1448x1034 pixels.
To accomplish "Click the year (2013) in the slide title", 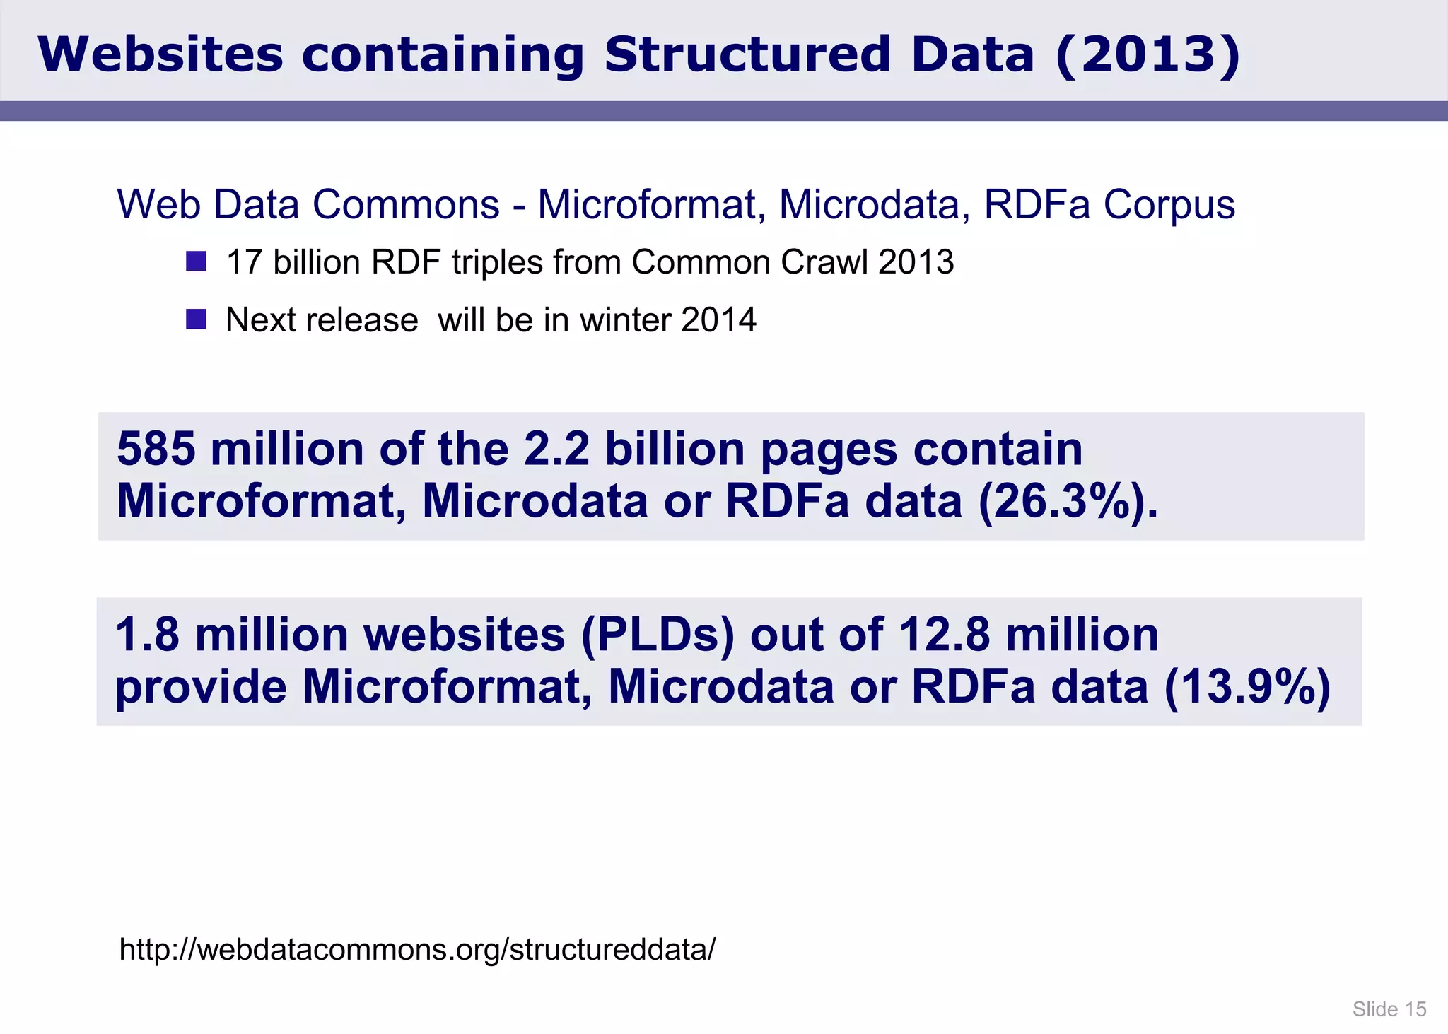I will (1147, 55).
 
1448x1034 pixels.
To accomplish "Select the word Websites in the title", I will (160, 55).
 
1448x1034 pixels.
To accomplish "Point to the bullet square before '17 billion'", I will (196, 262).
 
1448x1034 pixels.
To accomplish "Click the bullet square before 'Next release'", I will (196, 319).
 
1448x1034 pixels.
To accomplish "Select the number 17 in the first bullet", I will (244, 262).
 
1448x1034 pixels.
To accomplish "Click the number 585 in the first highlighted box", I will (156, 449).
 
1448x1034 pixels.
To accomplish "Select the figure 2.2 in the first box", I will (556, 449).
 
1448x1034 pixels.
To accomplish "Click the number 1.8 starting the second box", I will (147, 634).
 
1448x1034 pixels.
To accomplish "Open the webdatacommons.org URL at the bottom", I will (417, 949).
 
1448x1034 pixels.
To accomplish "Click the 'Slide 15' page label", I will (1389, 1009).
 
